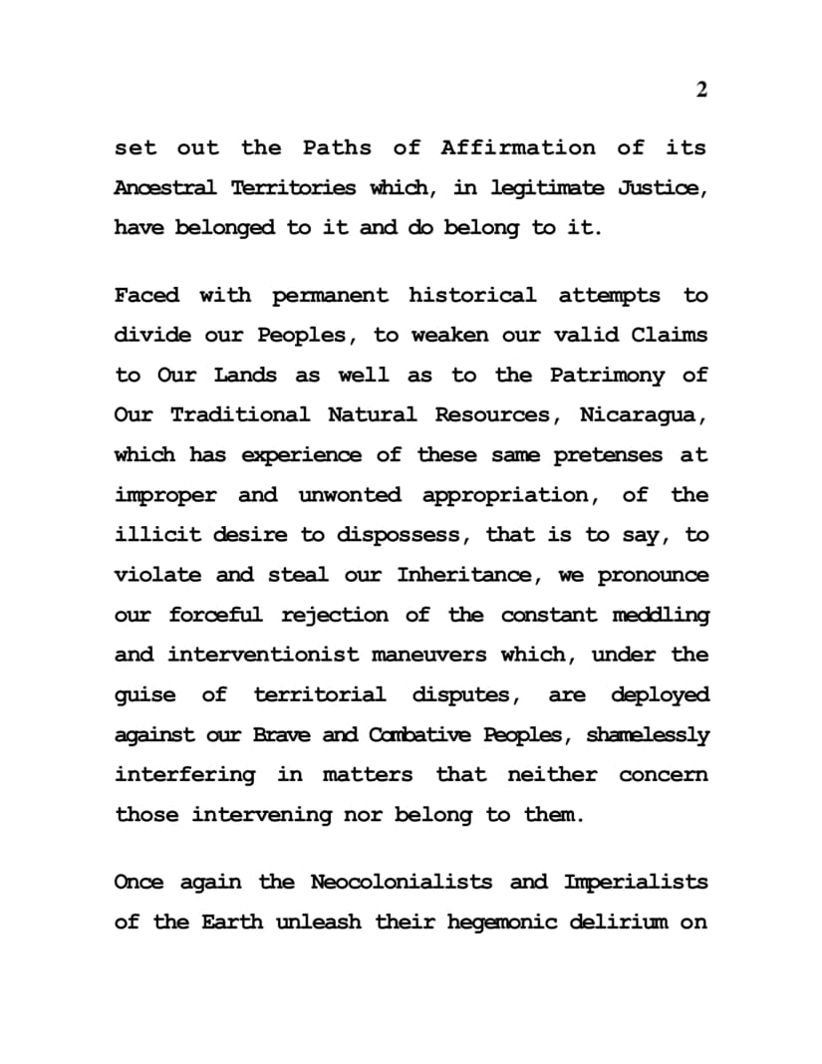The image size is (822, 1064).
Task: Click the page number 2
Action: [701, 91]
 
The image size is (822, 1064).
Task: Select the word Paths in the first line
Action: [337, 147]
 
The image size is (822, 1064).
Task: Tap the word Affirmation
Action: [518, 147]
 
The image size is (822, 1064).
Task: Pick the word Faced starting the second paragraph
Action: [147, 295]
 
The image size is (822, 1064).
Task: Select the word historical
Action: [472, 295]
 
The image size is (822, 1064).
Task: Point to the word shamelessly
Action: [648, 735]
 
